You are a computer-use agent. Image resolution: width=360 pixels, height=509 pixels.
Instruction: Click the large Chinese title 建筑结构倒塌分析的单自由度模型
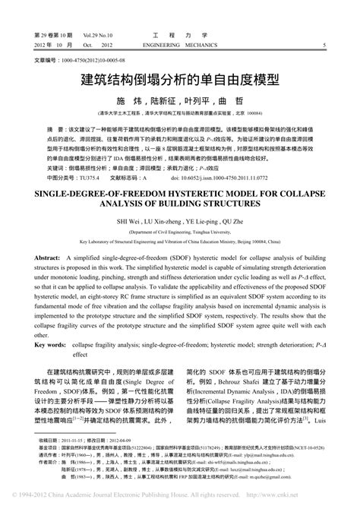click(179, 78)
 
